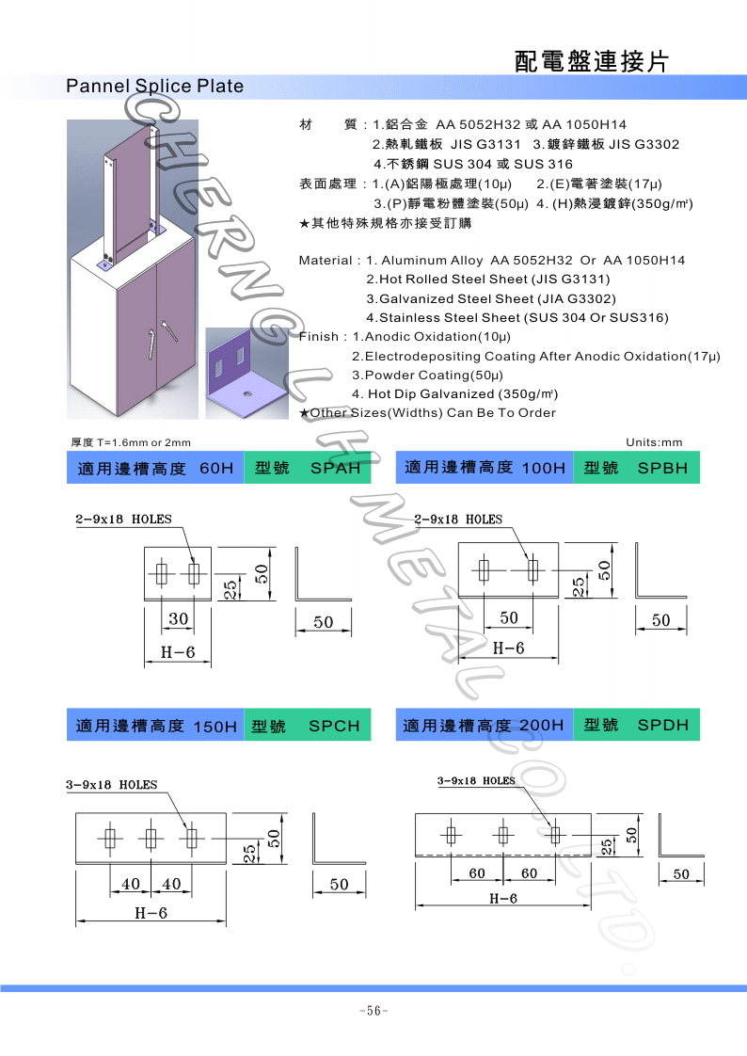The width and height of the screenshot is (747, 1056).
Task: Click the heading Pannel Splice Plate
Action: [154, 87]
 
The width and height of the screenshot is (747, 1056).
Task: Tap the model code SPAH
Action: [334, 469]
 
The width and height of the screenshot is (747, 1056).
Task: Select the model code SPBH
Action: [662, 468]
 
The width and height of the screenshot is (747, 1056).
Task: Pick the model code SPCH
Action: [334, 727]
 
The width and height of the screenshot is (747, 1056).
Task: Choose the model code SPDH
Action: [662, 725]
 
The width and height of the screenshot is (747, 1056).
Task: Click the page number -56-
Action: [373, 1011]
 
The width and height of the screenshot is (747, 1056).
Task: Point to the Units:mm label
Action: [654, 442]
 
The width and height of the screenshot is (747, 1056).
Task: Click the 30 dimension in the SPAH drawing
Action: [178, 618]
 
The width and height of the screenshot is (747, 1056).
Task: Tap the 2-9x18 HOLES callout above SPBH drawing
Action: [458, 520]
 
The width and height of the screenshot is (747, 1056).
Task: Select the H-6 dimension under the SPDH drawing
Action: [503, 898]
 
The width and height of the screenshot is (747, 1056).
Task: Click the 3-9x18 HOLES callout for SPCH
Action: [112, 784]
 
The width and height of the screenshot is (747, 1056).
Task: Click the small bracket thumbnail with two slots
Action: [248, 372]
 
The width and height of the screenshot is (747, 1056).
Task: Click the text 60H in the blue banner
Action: [216, 469]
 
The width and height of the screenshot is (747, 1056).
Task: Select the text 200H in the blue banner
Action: [541, 726]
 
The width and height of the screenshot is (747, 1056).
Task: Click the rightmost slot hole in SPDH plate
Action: [555, 834]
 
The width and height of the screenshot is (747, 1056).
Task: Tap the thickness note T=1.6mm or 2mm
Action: [131, 442]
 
